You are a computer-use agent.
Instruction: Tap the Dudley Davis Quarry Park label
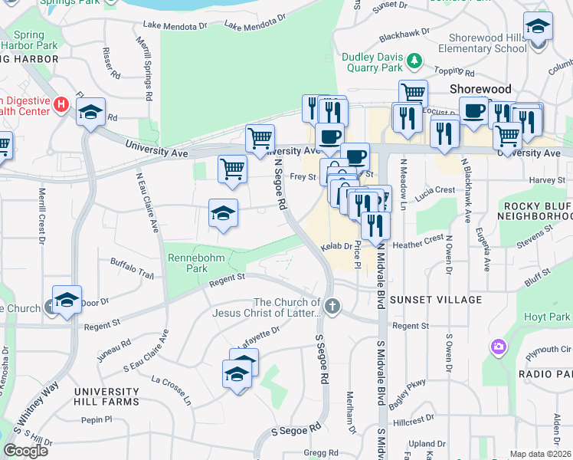coord(372,62)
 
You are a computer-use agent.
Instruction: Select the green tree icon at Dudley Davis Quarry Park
coord(414,59)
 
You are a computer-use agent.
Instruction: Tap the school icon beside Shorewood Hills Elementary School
coord(539,27)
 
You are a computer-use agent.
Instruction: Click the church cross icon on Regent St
coord(332,307)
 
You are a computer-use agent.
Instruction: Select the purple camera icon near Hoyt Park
coord(499,348)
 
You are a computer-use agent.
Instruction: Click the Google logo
coord(25,451)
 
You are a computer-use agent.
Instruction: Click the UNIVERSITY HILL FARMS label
coord(106,396)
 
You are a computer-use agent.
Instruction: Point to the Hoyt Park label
coord(548,317)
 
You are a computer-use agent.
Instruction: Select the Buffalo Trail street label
coord(133,268)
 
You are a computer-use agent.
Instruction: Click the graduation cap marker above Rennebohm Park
coord(224,212)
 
